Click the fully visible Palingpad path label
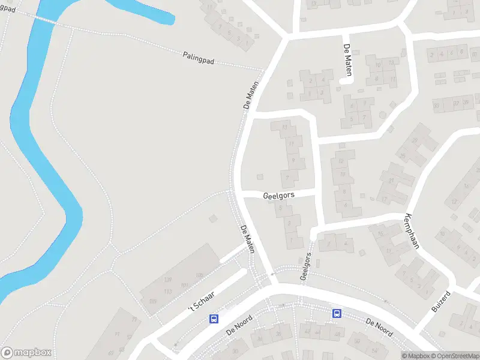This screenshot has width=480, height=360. click(199, 58)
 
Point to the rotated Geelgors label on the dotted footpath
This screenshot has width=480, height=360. click(307, 267)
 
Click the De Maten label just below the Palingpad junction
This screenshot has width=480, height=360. click(251, 95)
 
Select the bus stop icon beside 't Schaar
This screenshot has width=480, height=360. click(214, 319)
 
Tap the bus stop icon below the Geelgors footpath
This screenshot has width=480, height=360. click(337, 313)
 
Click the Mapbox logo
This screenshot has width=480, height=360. click(26, 353)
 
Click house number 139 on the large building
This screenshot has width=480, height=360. click(167, 280)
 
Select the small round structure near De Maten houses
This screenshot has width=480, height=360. click(383, 115)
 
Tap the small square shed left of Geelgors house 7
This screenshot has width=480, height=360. click(260, 176)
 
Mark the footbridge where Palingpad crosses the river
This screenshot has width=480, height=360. click(46, 20)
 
